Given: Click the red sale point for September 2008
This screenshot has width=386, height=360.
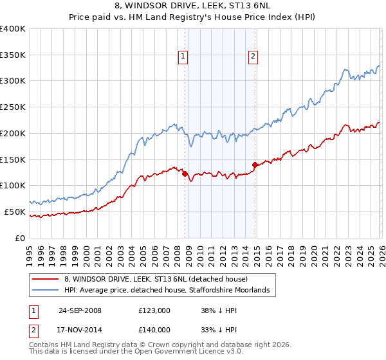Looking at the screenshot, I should click(x=185, y=173).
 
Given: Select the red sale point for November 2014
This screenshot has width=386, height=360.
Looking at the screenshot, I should click(x=255, y=165).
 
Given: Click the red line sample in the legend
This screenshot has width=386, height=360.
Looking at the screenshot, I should click(x=46, y=279).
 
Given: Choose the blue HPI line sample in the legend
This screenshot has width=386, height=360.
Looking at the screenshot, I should click(x=46, y=291).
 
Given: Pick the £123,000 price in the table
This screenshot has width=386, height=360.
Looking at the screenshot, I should click(x=154, y=310).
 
